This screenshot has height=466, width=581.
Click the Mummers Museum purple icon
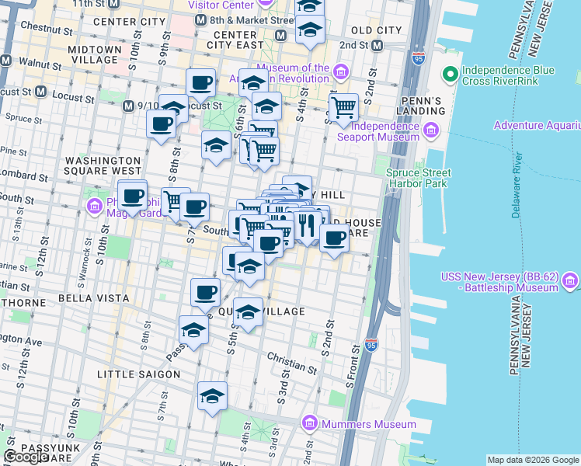[310, 423]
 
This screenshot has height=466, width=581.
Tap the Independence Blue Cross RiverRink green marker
[450, 75]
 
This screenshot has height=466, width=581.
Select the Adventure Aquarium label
[536, 125]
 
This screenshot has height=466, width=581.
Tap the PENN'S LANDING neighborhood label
[423, 106]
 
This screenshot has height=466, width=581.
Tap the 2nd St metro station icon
[377, 45]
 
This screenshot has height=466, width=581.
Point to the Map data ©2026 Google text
[533, 460]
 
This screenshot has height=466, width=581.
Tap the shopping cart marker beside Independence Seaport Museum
[343, 107]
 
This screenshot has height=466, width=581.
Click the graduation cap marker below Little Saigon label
[212, 397]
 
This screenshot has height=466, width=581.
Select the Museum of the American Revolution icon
[340, 73]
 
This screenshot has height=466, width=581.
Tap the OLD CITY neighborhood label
[376, 30]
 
